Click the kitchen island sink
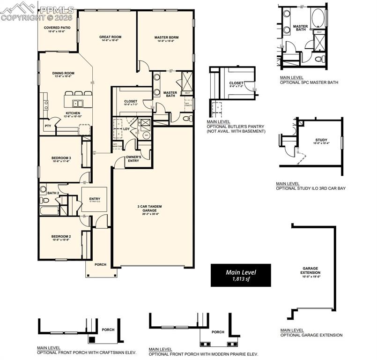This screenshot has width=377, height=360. pos(78,103)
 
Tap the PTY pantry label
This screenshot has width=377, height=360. pos(47,126)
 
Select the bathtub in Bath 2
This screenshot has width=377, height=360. pos(49,210)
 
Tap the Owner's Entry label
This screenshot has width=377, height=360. pos(133,158)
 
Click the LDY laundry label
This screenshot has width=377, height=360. pos(126,128)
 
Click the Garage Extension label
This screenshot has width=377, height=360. pos(311,272)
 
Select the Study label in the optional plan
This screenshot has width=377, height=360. pos(321,140)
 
